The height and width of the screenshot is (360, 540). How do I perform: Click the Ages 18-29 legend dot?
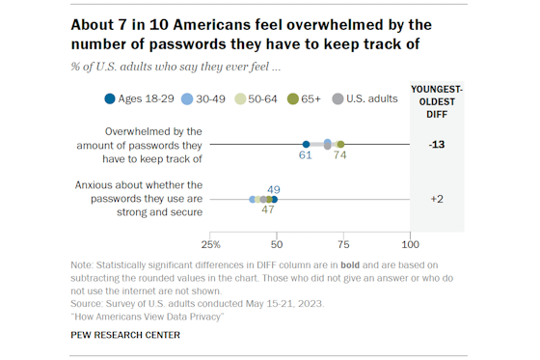111,97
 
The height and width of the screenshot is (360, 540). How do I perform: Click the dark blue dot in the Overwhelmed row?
307,144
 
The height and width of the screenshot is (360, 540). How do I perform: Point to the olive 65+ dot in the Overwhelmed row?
340,144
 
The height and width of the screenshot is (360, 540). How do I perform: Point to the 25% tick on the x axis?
210,243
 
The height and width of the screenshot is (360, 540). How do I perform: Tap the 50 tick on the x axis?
277,243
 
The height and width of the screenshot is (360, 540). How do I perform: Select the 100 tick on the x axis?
410,243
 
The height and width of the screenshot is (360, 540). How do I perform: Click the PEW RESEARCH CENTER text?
125,335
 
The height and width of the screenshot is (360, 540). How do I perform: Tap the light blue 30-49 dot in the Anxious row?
253,200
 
